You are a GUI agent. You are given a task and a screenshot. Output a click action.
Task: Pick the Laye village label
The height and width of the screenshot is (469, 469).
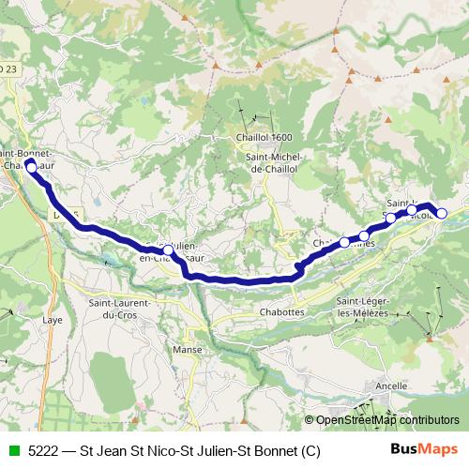click(52, 319)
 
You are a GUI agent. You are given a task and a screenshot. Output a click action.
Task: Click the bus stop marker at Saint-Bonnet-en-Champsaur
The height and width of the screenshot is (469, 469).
click(30, 165)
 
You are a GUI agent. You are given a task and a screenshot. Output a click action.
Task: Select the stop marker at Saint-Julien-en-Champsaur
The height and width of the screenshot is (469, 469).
click(168, 250)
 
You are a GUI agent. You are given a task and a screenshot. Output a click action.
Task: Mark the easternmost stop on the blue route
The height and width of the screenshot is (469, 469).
click(442, 213)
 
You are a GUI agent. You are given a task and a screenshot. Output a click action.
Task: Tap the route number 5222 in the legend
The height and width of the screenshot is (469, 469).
click(43, 451)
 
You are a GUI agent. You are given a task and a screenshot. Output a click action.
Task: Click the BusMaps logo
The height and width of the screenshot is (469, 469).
click(423, 450)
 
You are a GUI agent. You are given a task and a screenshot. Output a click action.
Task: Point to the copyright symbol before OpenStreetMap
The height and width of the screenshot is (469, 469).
click(310, 420)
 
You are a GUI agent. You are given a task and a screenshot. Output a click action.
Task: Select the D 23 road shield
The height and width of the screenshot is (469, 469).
click(7, 69)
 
